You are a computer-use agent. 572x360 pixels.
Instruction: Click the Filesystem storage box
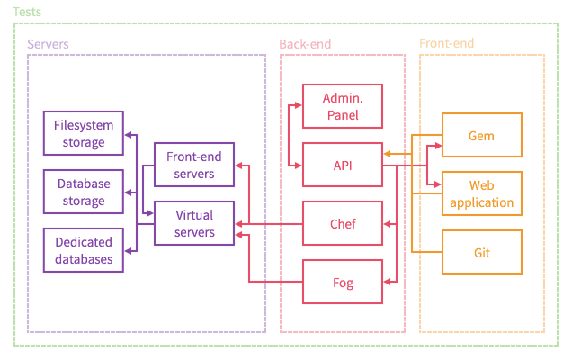click(x=83, y=134)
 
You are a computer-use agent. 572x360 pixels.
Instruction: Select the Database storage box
click(x=83, y=192)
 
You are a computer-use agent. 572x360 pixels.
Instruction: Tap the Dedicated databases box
click(x=83, y=249)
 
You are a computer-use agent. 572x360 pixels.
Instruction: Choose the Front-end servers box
click(x=192, y=165)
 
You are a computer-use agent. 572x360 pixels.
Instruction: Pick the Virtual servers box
click(x=192, y=222)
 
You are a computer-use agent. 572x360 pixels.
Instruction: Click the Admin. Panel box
click(x=342, y=106)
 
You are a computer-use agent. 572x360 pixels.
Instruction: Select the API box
click(x=342, y=165)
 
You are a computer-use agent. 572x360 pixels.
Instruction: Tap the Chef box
click(x=342, y=222)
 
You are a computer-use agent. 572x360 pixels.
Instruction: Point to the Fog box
click(x=342, y=283)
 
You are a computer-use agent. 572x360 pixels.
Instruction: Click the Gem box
click(x=481, y=135)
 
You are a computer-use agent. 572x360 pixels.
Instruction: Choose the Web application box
click(x=481, y=193)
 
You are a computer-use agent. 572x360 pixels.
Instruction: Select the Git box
click(x=481, y=253)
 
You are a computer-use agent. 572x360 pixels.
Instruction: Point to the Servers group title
click(x=48, y=43)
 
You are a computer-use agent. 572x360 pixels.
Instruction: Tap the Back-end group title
click(x=302, y=43)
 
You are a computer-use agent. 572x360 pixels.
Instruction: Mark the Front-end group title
click(x=447, y=43)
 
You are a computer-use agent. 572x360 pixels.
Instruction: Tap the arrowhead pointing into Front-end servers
click(x=239, y=165)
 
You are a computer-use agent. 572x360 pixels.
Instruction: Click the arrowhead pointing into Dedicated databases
click(x=128, y=250)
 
